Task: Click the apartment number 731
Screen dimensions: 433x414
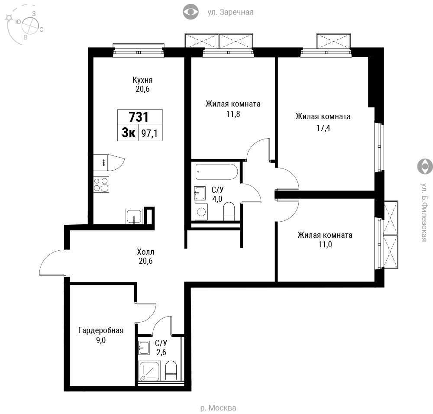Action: click(139, 117)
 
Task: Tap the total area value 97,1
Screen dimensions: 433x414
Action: click(149, 134)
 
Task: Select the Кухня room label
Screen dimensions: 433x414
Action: click(142, 80)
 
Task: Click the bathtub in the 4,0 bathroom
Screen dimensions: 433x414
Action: click(217, 172)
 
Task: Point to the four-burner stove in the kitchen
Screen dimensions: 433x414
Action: click(101, 184)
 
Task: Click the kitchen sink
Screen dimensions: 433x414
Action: click(134, 217)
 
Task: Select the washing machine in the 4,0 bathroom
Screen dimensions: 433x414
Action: click(201, 212)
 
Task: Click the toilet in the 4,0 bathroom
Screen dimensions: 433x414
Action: click(229, 211)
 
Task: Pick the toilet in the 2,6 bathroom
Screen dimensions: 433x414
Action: click(171, 371)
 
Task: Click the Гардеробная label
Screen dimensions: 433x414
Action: click(101, 330)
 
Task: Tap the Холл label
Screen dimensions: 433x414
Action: click(145, 252)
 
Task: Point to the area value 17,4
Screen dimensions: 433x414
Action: click(323, 128)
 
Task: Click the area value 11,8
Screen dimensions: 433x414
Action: click(233, 114)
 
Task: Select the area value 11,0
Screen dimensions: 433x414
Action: click(325, 244)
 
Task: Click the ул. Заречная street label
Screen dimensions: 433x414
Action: click(230, 12)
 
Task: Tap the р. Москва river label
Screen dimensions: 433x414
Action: click(218, 408)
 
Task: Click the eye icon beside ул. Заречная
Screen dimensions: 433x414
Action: click(191, 12)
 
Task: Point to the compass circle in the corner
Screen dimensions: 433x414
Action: click(30, 26)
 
